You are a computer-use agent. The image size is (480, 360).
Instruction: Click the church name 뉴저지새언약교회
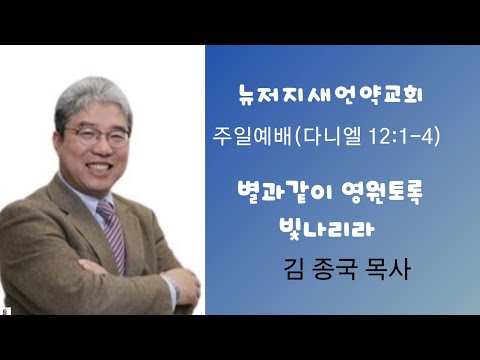pos(330,95)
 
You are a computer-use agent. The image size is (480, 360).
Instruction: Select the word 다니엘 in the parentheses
pos(332,137)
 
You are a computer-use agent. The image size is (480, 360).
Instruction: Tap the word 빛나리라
pos(327,228)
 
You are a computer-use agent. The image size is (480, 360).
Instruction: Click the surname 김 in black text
pos(295,269)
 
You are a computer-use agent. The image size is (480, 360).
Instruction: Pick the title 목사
pos(388,269)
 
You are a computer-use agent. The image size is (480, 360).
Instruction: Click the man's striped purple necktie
pos(113,234)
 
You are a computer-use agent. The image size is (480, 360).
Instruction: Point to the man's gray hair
pos(92,97)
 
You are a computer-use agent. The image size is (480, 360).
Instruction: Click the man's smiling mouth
pos(99,166)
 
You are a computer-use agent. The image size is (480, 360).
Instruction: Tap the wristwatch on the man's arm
pos(172,286)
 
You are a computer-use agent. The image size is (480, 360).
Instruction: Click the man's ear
pos(58,144)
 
